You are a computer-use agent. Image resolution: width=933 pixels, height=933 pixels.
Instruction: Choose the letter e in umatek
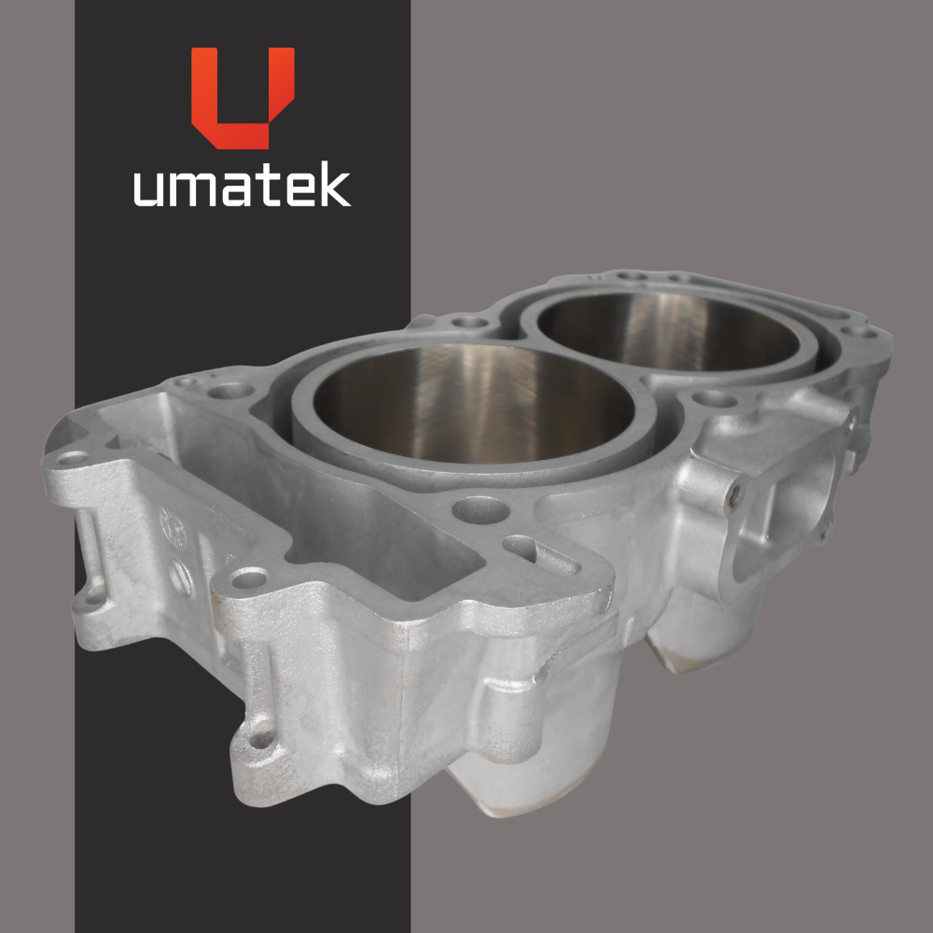tap(301, 189)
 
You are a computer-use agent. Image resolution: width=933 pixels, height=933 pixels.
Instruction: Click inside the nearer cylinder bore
tap(473, 405)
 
